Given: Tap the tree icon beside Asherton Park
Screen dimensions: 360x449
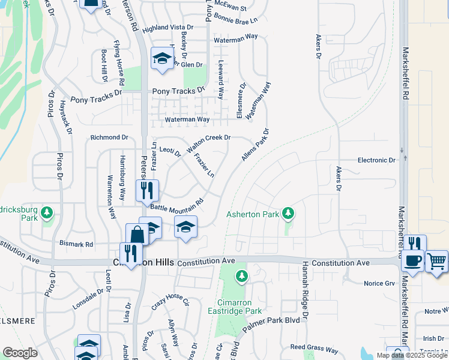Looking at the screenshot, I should [289, 212].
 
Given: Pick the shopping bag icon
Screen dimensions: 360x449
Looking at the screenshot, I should [137, 234].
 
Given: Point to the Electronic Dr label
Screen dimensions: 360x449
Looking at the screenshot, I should [377, 160].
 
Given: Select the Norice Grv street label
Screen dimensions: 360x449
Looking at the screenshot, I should [379, 283].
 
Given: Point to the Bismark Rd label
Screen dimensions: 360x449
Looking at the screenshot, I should [76, 244].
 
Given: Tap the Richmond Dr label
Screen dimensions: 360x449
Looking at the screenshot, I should [109, 137].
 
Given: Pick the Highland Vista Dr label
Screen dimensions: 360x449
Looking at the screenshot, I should [168, 28].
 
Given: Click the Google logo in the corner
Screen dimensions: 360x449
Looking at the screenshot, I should [20, 353].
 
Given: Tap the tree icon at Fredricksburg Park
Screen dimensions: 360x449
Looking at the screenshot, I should [46, 212].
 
